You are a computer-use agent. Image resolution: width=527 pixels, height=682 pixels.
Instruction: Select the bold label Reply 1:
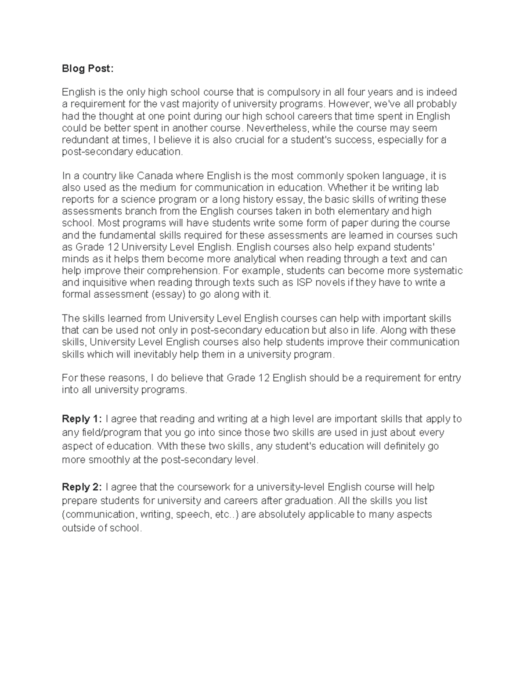[x=82, y=419]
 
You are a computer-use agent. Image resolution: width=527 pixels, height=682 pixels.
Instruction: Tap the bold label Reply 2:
[x=82, y=487]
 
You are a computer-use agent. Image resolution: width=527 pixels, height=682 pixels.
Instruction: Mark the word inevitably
[x=140, y=354]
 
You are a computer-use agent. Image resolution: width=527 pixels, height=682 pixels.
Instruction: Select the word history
[x=259, y=199]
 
